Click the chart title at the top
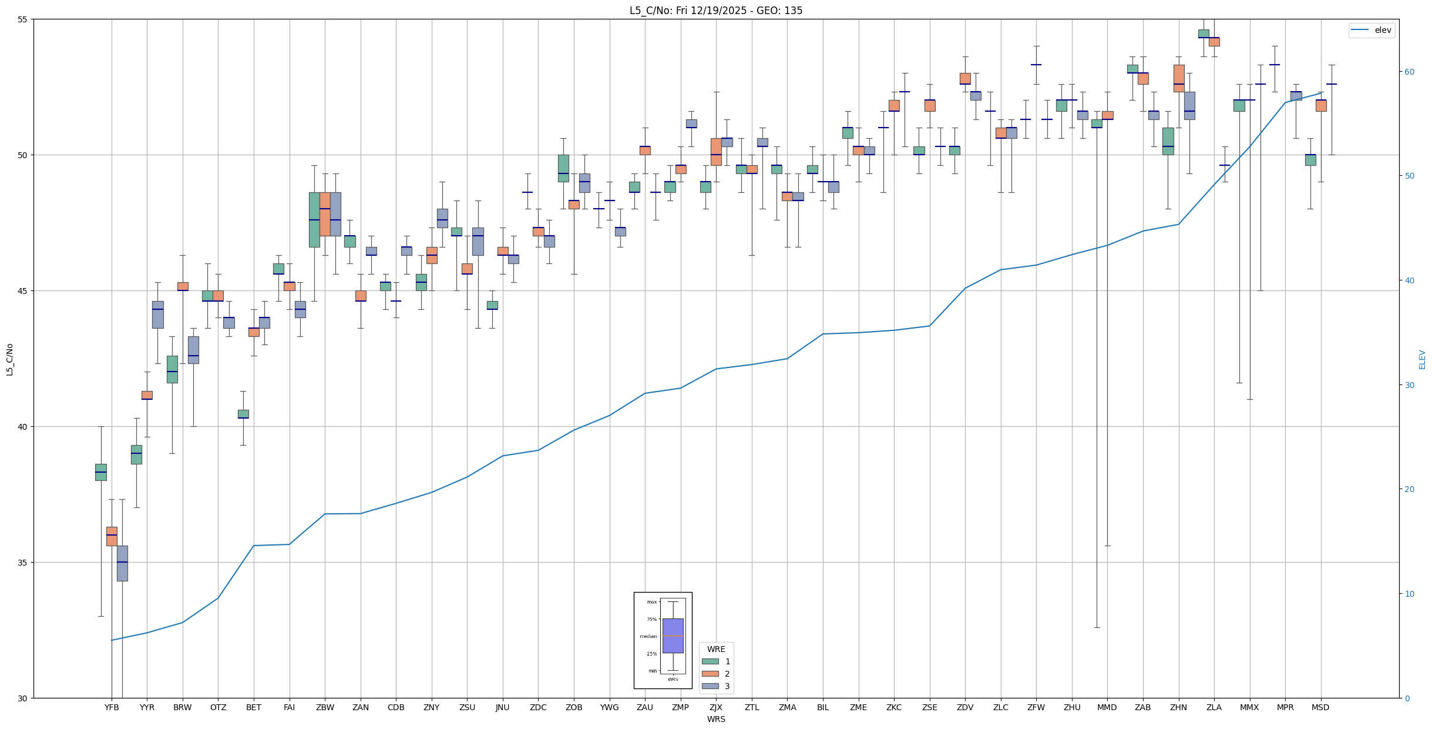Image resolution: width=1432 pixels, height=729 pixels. (715, 11)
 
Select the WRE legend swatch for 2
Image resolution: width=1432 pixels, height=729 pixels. (710, 674)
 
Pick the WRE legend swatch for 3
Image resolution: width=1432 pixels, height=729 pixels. (710, 686)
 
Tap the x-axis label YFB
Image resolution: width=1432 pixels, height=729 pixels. (112, 707)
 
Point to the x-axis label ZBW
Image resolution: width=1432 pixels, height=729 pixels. (325, 707)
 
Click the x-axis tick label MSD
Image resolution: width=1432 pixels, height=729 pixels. (1320, 707)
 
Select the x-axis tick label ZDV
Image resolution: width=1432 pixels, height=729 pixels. (965, 707)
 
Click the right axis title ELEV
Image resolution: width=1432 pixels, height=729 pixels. (1422, 359)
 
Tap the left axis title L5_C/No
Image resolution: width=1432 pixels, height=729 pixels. (9, 359)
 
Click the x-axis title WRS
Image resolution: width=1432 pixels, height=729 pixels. (716, 719)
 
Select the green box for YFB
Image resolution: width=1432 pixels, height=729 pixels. (101, 472)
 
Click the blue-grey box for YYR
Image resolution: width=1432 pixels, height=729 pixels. (158, 315)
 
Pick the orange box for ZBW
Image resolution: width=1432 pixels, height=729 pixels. (325, 214)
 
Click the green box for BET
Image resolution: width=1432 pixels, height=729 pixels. (243, 414)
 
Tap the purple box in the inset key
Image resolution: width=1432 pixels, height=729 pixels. (673, 636)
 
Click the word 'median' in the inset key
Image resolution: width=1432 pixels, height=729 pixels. (648, 636)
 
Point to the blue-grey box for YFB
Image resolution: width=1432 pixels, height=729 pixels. (122, 563)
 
